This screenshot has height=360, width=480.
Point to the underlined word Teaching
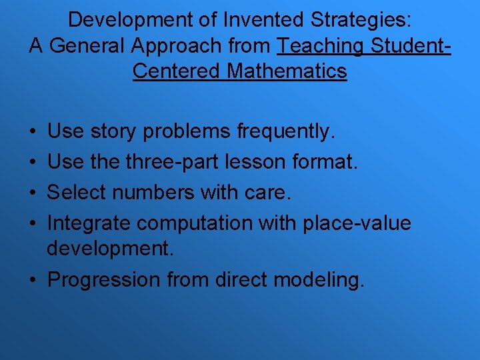321,45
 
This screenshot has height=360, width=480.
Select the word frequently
284,131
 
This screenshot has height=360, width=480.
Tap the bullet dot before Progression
32,280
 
